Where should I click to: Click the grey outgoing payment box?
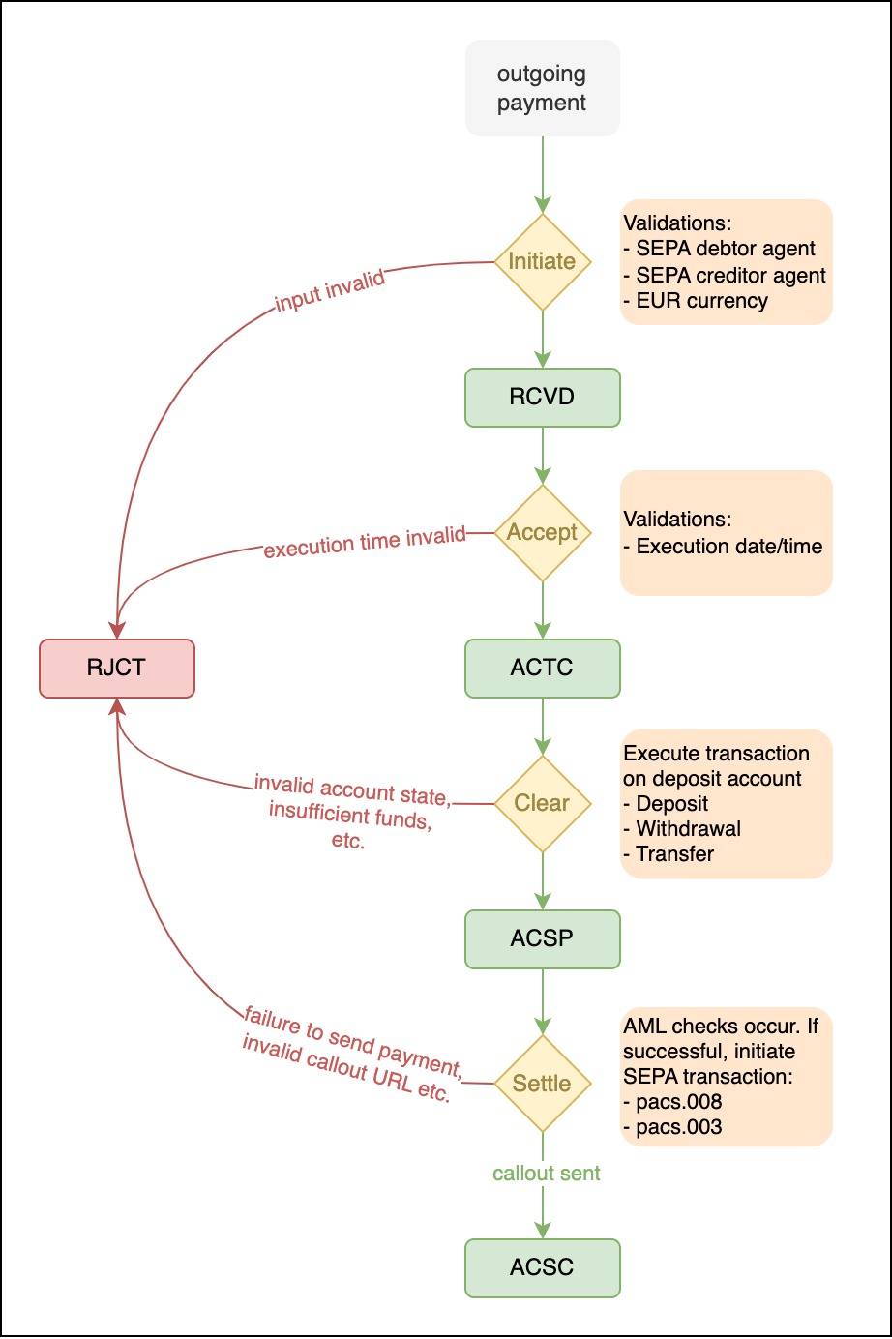coord(542,88)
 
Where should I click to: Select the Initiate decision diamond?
coord(542,261)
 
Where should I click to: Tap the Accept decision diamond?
coord(542,532)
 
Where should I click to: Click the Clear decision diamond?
coord(542,803)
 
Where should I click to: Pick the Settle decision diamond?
coord(542,1084)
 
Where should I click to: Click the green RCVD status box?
coord(542,397)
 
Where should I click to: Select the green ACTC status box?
coord(542,668)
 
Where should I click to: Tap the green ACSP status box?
coord(542,938)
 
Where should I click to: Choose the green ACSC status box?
coord(542,1267)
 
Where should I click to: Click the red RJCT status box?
coord(116,668)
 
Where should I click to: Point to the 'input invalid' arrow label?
coord(330,291)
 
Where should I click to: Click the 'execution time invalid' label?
coord(365,542)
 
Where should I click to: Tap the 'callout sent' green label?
coord(547,1174)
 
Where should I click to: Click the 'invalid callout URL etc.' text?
coord(346,1069)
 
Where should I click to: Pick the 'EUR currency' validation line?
coord(701,301)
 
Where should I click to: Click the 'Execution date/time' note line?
coord(728,547)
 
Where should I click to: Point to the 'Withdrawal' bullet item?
coord(688,829)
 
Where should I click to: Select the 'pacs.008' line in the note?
coord(678,1102)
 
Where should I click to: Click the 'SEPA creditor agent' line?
coord(730,276)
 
